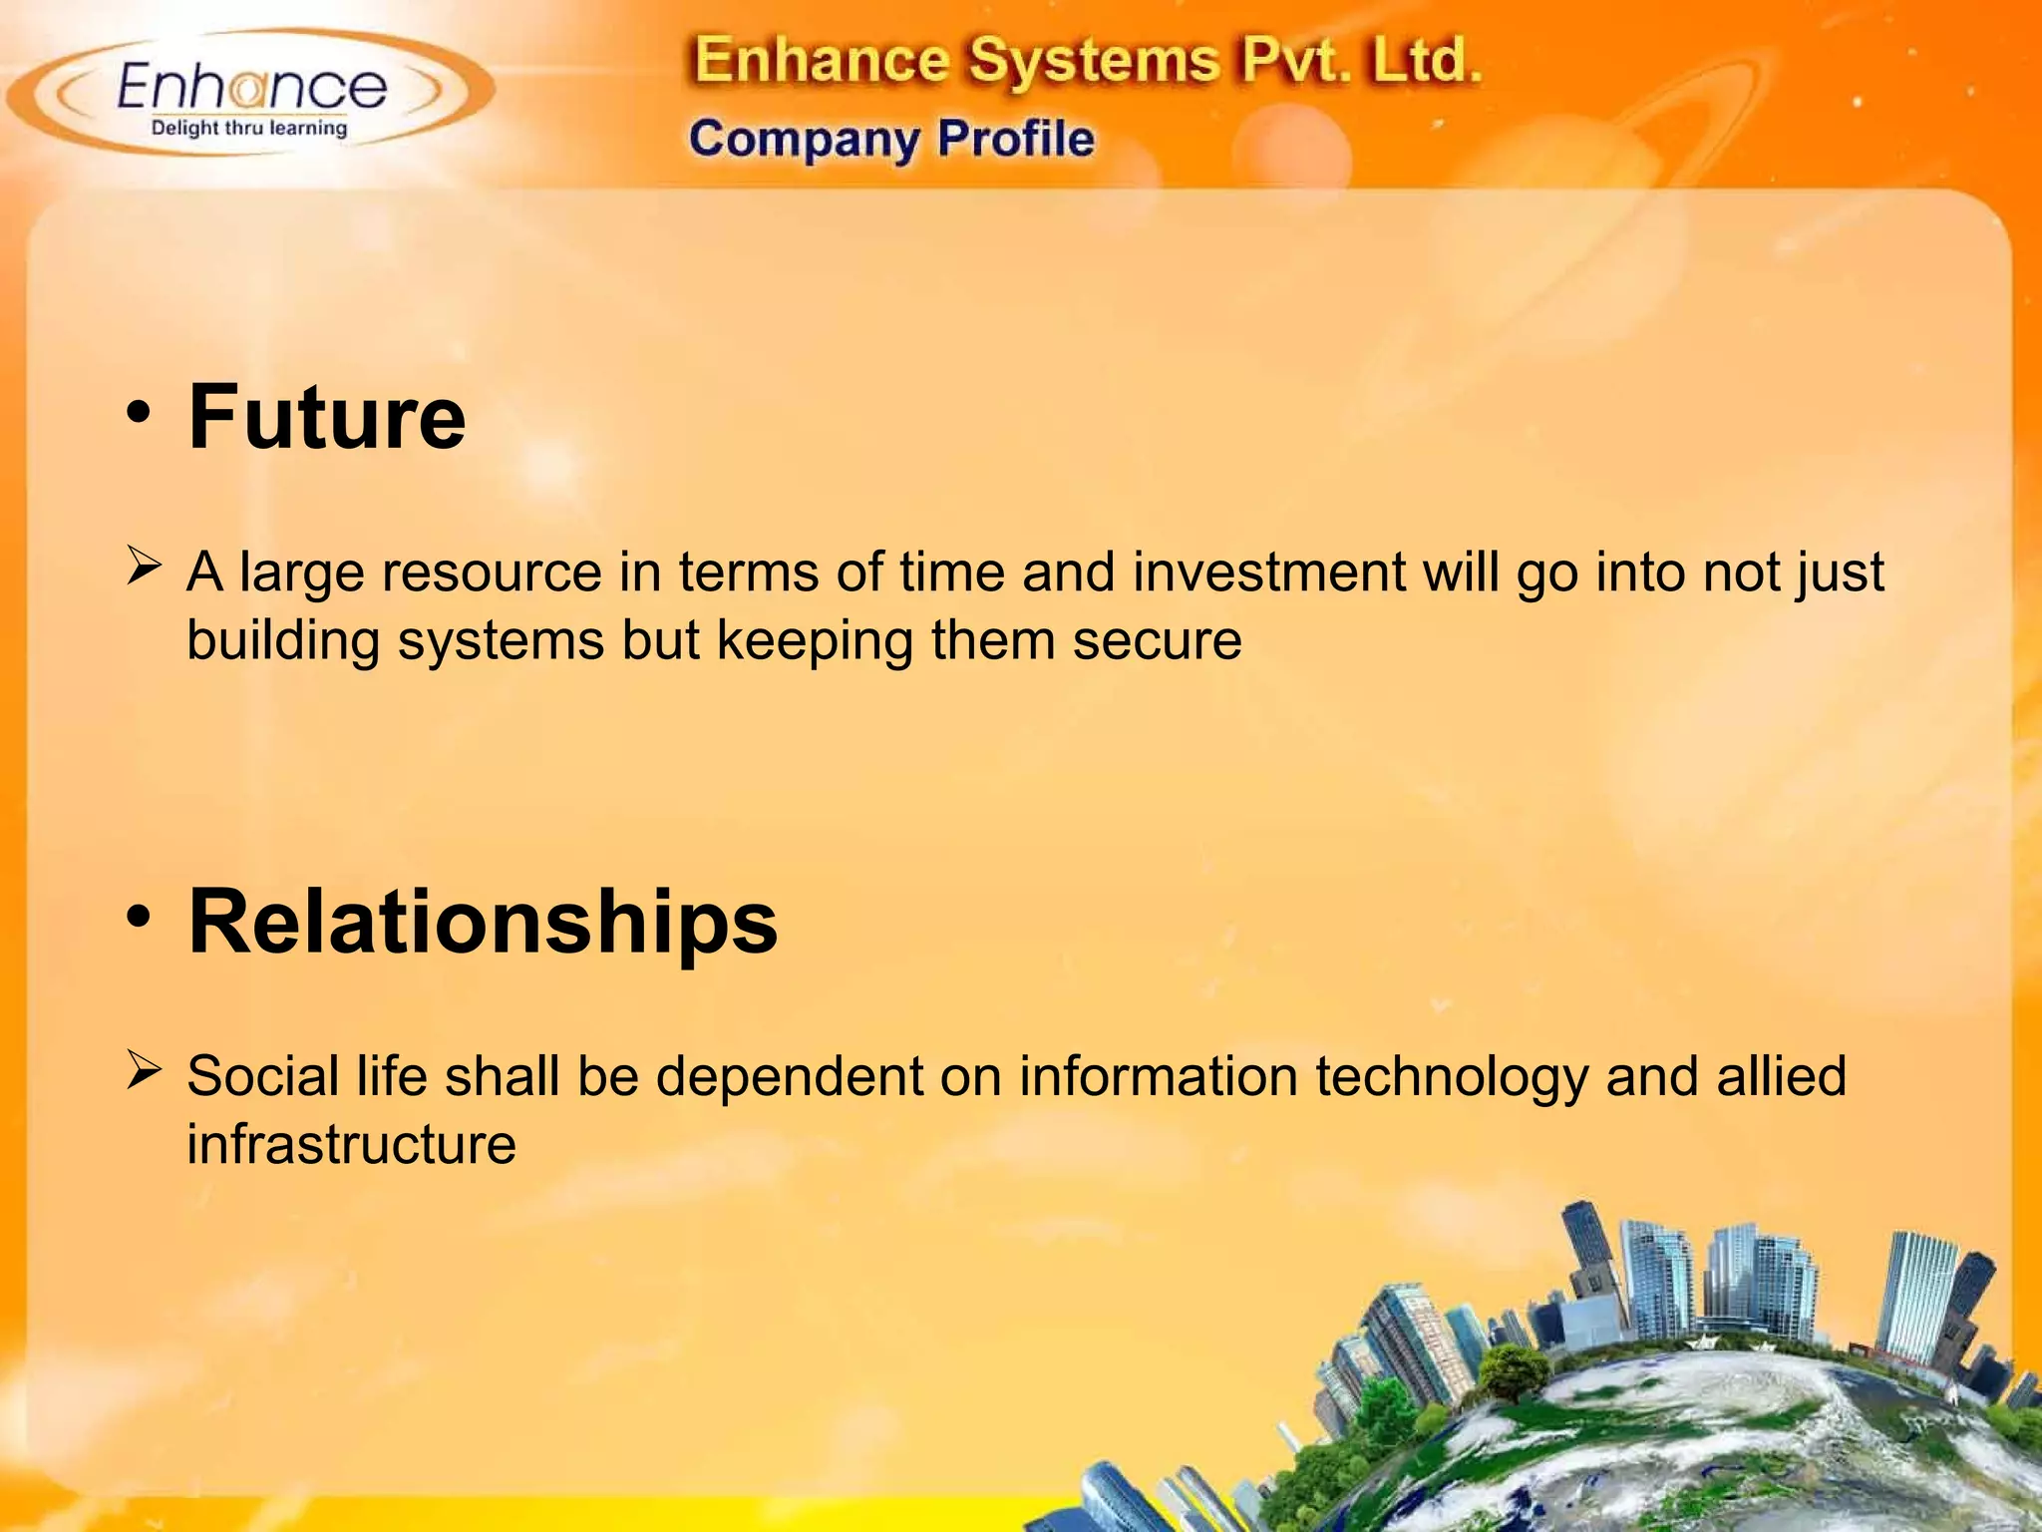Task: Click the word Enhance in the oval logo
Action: click(251, 87)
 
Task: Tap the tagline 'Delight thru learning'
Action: click(249, 128)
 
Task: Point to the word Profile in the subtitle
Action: click(1015, 139)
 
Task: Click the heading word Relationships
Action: click(483, 922)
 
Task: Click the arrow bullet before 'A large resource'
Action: click(144, 569)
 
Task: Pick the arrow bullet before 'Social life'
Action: click(144, 1073)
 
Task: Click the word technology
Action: click(1451, 1078)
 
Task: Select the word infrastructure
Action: click(351, 1144)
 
